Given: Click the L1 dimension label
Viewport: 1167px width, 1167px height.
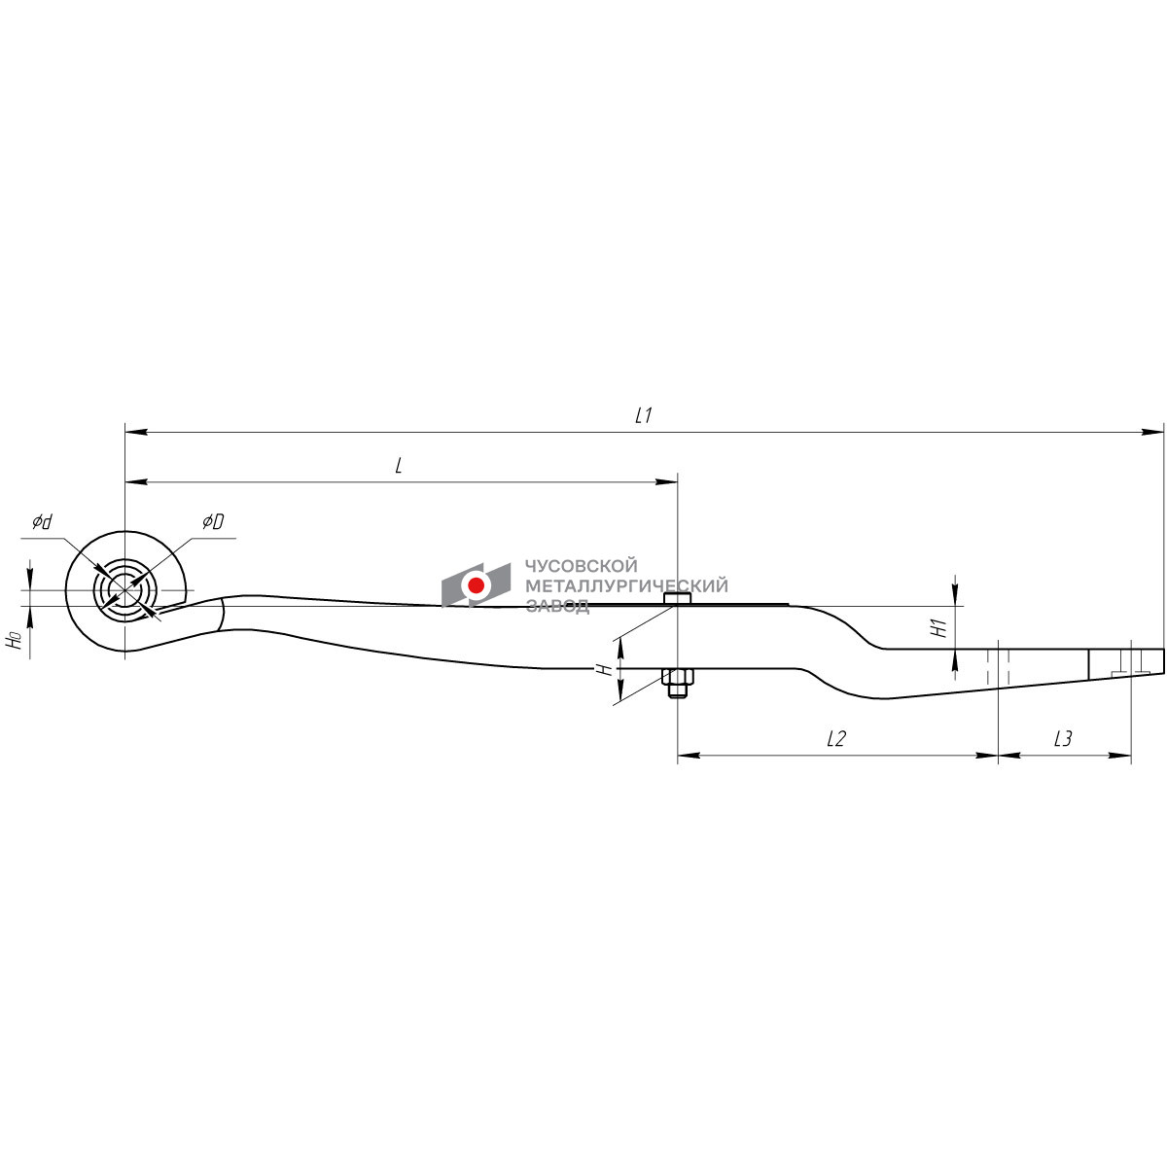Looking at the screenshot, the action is pyautogui.click(x=643, y=415).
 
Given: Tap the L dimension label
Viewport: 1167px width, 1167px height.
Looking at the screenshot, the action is pyautogui.click(x=399, y=466).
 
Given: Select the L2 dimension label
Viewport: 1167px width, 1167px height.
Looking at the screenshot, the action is pyautogui.click(x=835, y=738).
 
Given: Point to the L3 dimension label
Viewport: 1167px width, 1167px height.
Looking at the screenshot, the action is pyautogui.click(x=1063, y=738).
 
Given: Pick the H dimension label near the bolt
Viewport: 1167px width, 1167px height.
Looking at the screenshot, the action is pyautogui.click(x=603, y=669).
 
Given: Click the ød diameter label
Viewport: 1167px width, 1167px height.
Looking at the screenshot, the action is pyautogui.click(x=43, y=521).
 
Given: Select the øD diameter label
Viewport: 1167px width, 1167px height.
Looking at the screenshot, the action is pyautogui.click(x=213, y=521).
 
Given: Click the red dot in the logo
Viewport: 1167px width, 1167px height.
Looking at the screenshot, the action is pyautogui.click(x=476, y=585).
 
